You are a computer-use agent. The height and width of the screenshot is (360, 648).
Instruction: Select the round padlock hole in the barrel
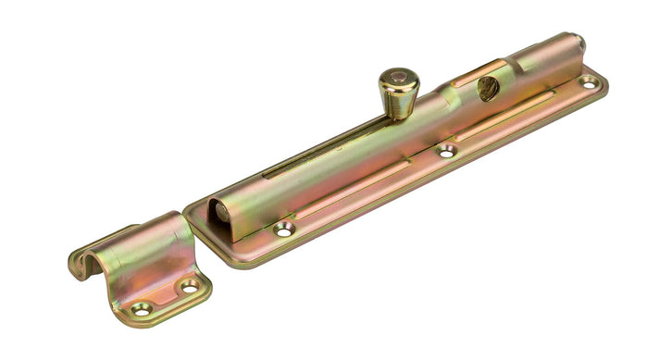[487, 89]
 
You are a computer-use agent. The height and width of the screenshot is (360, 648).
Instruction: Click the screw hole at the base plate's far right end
[587, 82]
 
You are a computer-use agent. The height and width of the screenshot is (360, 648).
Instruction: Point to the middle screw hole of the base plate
[446, 151]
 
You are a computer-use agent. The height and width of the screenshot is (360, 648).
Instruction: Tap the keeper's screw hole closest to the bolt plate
[189, 287]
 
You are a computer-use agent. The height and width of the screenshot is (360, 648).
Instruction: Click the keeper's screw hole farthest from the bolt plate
[142, 308]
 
